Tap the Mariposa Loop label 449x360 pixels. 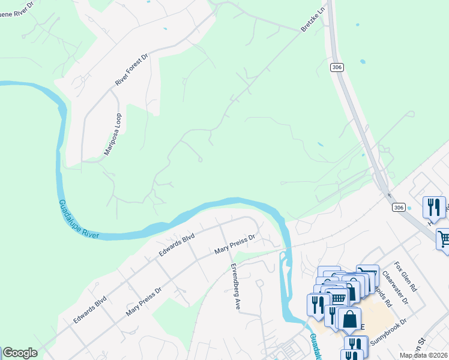112,134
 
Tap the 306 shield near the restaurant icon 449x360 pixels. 399,207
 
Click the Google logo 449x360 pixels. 19,353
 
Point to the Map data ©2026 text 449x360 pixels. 424,355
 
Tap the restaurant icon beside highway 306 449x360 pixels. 434,208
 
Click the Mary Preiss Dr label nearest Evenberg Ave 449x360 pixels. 235,244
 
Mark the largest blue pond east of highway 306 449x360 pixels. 363,61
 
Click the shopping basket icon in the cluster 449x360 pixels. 339,298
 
